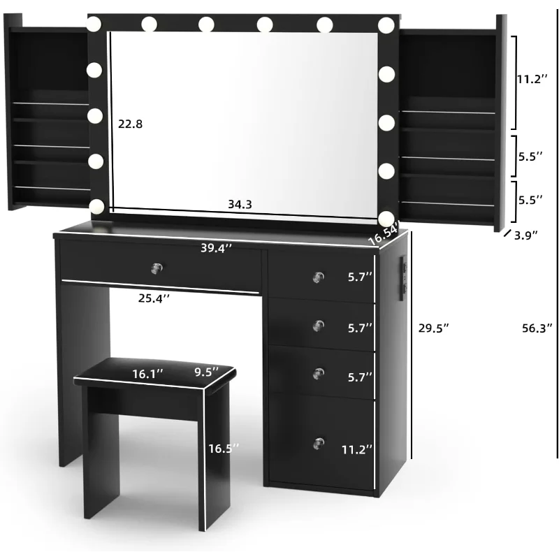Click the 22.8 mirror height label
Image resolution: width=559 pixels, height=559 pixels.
click(130, 124)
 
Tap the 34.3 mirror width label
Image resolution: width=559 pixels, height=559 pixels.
click(240, 204)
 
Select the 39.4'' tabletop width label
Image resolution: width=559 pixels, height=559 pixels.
click(216, 248)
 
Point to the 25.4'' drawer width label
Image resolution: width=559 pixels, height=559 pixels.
click(154, 298)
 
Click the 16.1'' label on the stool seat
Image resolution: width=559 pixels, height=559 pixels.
click(147, 374)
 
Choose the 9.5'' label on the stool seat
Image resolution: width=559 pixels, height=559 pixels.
click(206, 372)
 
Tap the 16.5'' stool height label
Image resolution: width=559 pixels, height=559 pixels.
click(224, 449)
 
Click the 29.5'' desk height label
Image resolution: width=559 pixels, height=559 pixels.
click(433, 328)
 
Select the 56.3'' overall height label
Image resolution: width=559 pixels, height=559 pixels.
click(537, 328)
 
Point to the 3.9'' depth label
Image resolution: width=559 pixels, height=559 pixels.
click(526, 235)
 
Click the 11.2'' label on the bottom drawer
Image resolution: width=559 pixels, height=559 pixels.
click(357, 449)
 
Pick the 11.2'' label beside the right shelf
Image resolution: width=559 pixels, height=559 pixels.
click(532, 79)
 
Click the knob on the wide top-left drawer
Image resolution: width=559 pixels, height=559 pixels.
click(157, 268)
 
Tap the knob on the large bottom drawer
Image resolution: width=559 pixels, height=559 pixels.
click(319, 444)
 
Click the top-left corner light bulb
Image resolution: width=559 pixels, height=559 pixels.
click(94, 24)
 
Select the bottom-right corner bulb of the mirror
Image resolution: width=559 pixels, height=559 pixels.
click(386, 219)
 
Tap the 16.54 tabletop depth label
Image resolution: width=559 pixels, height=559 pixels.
click(383, 233)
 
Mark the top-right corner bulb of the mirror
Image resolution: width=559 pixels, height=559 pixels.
click(386, 26)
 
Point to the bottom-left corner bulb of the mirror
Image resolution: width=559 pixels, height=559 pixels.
click(96, 206)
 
